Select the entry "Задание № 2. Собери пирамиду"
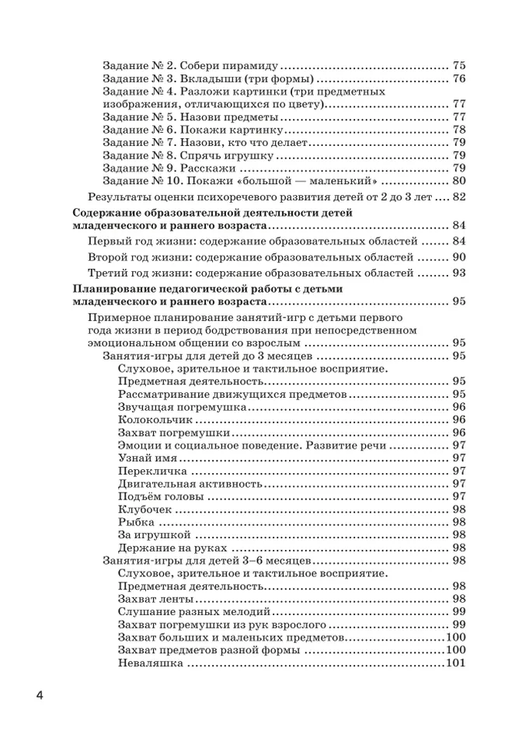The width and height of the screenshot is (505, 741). coord(190,66)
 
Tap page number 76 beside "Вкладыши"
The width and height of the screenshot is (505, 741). coord(458,79)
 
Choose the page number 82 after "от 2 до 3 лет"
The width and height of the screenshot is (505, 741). coord(458,197)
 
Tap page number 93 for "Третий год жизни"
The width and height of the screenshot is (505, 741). coord(458,273)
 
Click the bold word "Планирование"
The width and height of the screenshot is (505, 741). coord(111,289)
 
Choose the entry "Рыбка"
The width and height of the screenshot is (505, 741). coord(134,522)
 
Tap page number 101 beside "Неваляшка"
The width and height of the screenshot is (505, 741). coord(455,663)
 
